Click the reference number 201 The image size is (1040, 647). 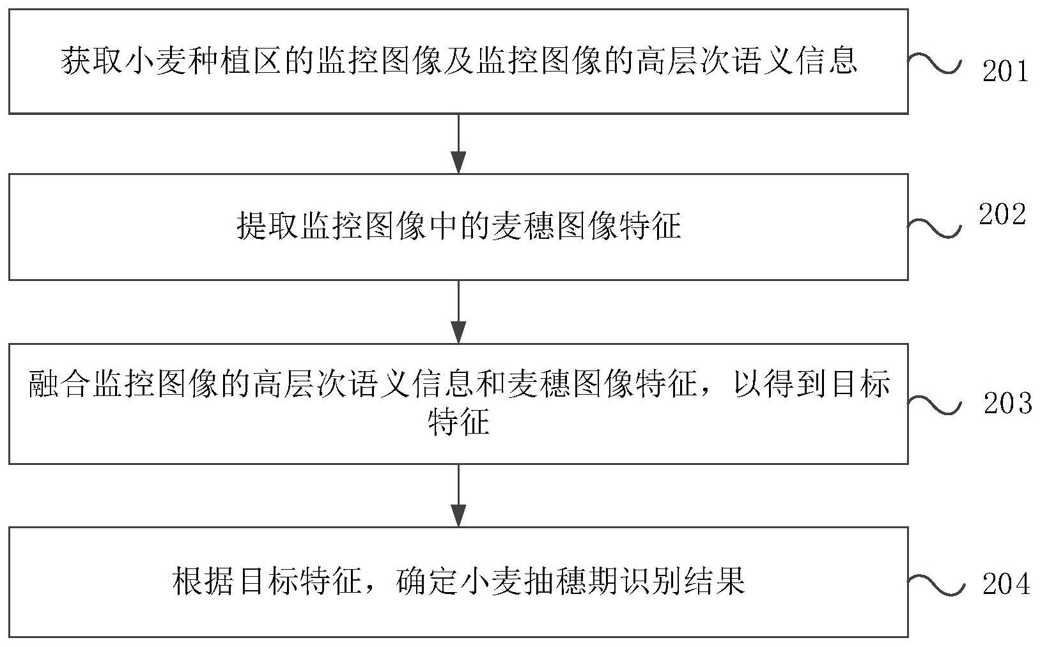click(x=1005, y=71)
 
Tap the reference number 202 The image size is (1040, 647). click(x=1002, y=215)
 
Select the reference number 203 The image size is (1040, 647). click(x=1007, y=403)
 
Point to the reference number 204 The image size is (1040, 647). click(x=1006, y=584)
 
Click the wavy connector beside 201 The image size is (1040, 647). click(x=934, y=64)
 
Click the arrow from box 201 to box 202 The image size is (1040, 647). click(x=458, y=144)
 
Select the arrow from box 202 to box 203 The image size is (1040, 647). click(x=458, y=312)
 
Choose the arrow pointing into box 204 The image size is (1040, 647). click(x=458, y=495)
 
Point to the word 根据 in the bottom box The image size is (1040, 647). click(x=204, y=581)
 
